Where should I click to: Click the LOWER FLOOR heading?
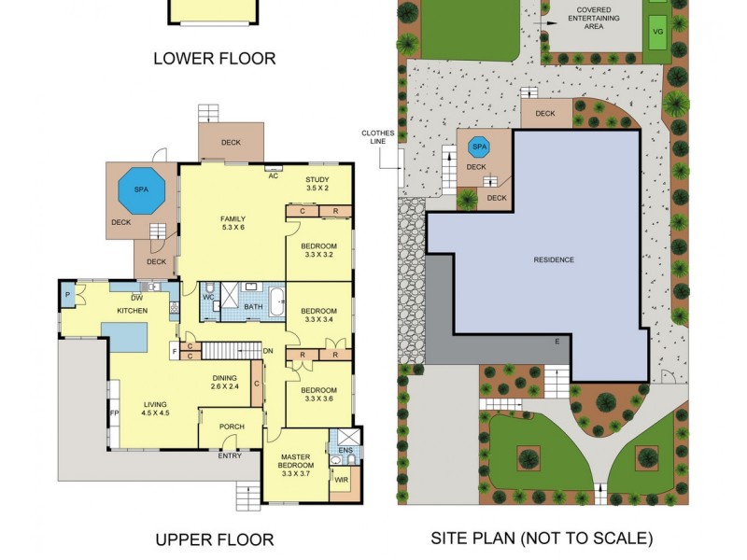[x=214, y=59]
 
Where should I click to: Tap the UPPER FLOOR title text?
[x=214, y=539]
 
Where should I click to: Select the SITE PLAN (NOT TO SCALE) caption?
[x=542, y=539]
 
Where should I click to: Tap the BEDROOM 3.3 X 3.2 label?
[x=318, y=250]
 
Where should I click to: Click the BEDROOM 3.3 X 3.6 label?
[x=318, y=396]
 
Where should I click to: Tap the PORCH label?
[x=232, y=427]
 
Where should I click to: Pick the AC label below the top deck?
[x=274, y=175]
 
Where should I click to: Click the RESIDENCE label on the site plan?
[x=554, y=259]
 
